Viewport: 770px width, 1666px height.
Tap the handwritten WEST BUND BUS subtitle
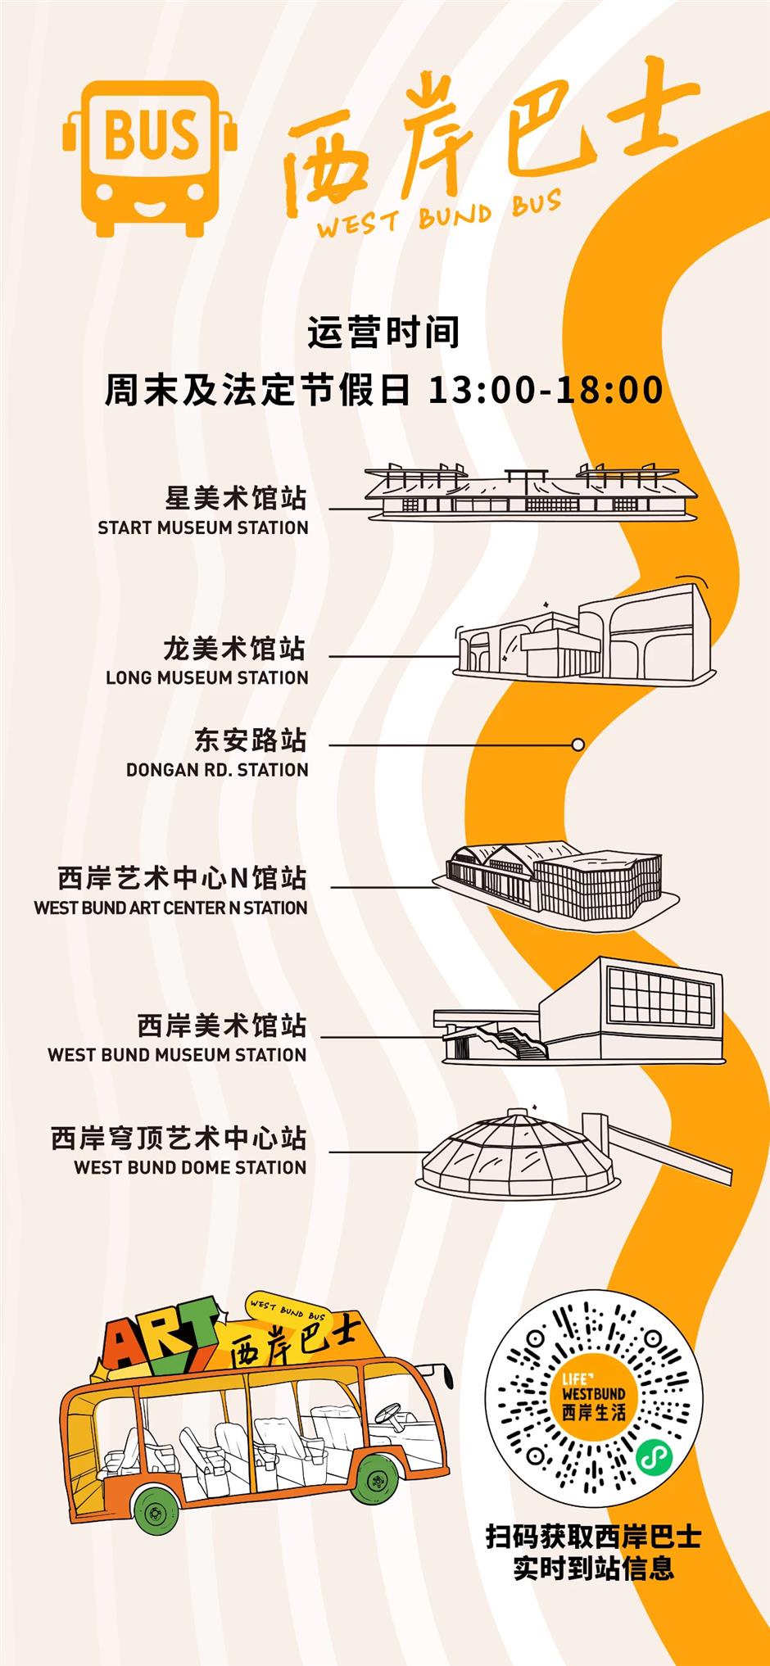[439, 215]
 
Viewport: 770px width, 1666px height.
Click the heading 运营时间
[383, 333]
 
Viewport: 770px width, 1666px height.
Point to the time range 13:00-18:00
[546, 390]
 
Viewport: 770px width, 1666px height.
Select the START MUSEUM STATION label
[203, 527]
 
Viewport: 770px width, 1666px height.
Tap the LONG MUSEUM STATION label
[207, 677]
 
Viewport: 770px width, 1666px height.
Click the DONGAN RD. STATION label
[217, 770]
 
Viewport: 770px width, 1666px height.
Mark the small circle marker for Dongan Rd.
[577, 745]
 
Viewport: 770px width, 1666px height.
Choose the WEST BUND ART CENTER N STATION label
[170, 908]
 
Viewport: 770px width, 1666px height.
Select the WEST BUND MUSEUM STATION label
[177, 1054]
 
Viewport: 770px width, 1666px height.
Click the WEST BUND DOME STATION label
[190, 1167]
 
